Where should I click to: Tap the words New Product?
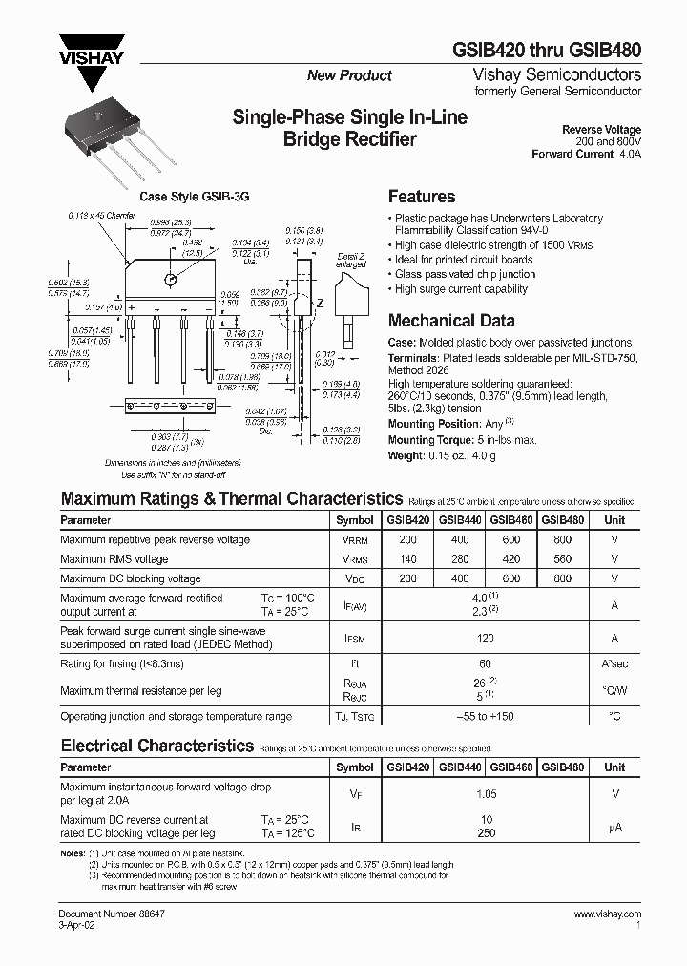(x=349, y=75)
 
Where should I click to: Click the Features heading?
(x=421, y=197)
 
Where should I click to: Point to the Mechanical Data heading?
(x=451, y=321)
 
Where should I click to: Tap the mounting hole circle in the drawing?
(x=171, y=280)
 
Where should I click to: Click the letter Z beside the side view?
(x=320, y=303)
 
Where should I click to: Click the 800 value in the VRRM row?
(x=563, y=539)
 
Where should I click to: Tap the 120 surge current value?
(x=486, y=639)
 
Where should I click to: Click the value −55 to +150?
(x=486, y=715)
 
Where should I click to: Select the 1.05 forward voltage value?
(x=486, y=793)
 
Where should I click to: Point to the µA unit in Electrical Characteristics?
(x=615, y=827)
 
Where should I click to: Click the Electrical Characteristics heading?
(x=157, y=745)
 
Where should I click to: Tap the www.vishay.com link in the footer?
(x=608, y=914)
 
